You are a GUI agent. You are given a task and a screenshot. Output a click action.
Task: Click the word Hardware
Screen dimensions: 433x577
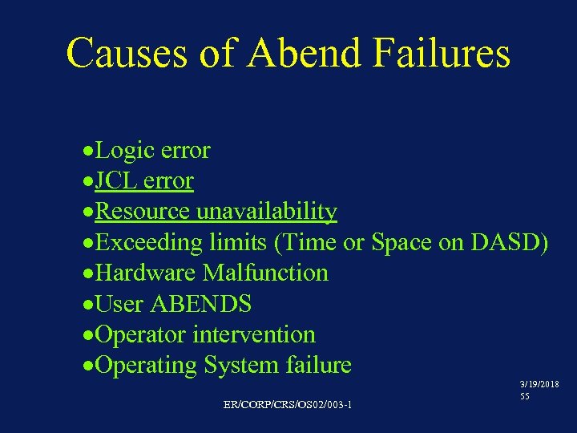(146, 273)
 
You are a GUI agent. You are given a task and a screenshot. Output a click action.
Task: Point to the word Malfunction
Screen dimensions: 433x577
(265, 273)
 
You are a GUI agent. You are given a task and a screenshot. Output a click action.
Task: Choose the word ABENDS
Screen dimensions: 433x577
(201, 304)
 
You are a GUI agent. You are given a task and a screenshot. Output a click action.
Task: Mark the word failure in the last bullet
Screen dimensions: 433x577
(318, 366)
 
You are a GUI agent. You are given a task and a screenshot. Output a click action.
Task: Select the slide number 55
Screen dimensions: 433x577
(524, 397)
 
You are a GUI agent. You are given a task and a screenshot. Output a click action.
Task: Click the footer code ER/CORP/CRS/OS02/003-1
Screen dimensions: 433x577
(288, 403)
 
